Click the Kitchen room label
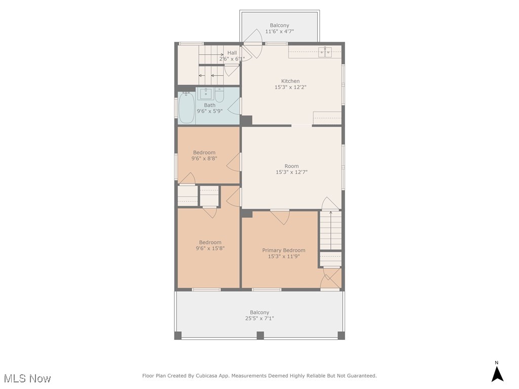[x=290, y=81]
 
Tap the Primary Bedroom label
[x=283, y=250]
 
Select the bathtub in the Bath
[x=186, y=108]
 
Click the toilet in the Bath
[x=219, y=94]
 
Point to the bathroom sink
[x=206, y=93]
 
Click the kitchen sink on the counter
[x=325, y=52]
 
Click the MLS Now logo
[x=27, y=378]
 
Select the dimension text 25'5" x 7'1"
[x=259, y=319]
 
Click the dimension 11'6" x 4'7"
[x=279, y=31]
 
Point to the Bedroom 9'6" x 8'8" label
[x=204, y=152]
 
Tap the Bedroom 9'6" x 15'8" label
[x=210, y=242]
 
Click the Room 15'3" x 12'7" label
[x=291, y=166]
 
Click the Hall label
[x=232, y=53]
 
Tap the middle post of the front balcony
[x=260, y=335]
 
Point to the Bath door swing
[x=234, y=106]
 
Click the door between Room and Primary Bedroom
[x=280, y=216]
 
